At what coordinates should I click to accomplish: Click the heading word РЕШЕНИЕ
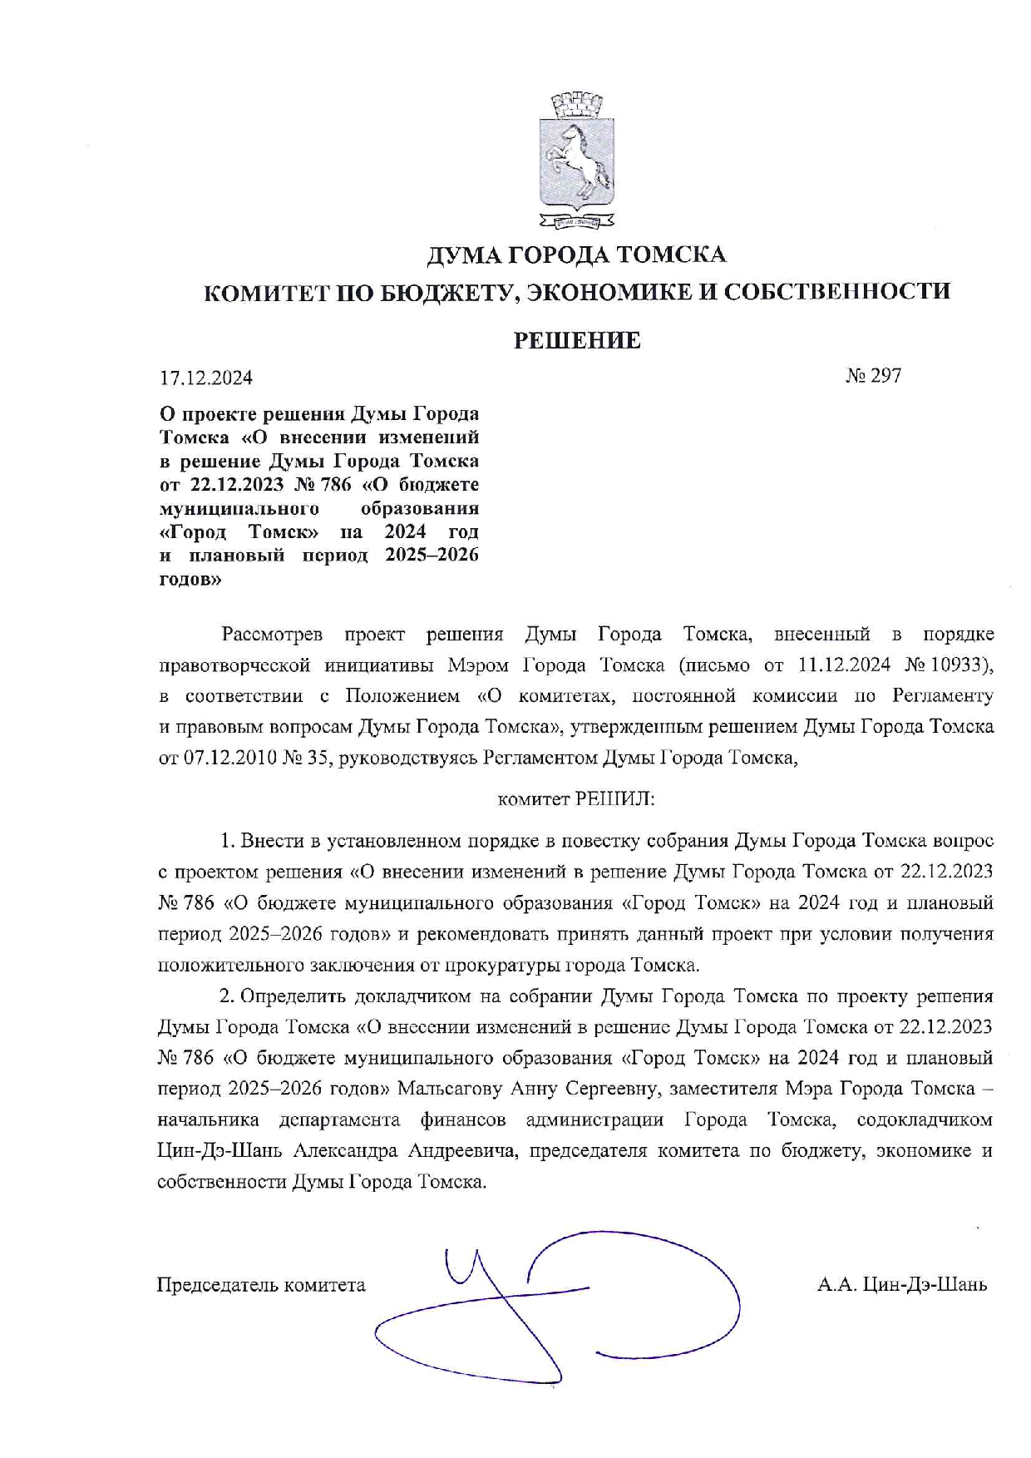click(x=576, y=340)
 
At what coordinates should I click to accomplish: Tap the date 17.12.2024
click(x=206, y=378)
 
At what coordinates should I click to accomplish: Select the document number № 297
click(x=874, y=376)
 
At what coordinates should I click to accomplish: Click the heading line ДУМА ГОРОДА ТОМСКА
click(x=576, y=254)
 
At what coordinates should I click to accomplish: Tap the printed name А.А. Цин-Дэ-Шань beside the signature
click(x=902, y=1285)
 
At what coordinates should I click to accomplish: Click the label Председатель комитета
click(x=261, y=1285)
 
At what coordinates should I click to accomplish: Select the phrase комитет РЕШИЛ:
click(x=576, y=800)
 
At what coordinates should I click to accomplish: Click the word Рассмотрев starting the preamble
click(x=272, y=635)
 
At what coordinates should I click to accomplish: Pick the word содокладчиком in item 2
click(x=925, y=1119)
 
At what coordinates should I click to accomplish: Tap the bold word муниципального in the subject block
click(x=239, y=508)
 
